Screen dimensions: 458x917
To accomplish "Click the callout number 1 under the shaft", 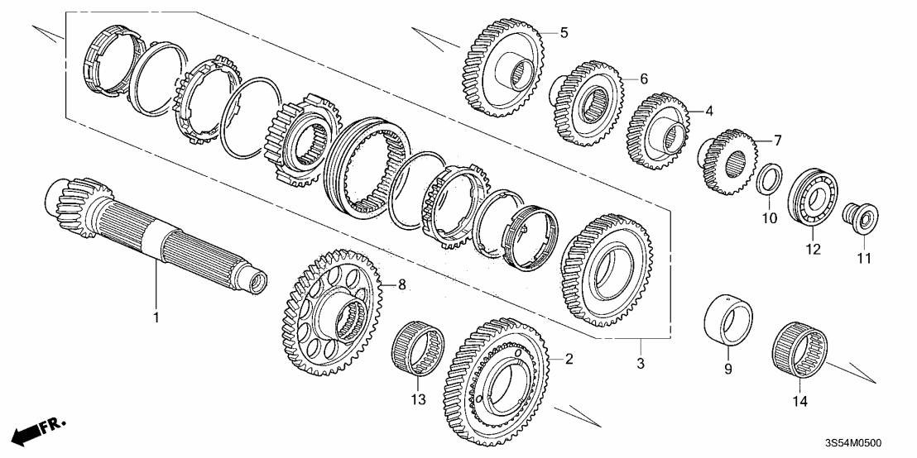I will [155, 316].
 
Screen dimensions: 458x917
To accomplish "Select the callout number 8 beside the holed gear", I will [403, 284].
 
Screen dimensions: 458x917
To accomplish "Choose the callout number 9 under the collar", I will [728, 370].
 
